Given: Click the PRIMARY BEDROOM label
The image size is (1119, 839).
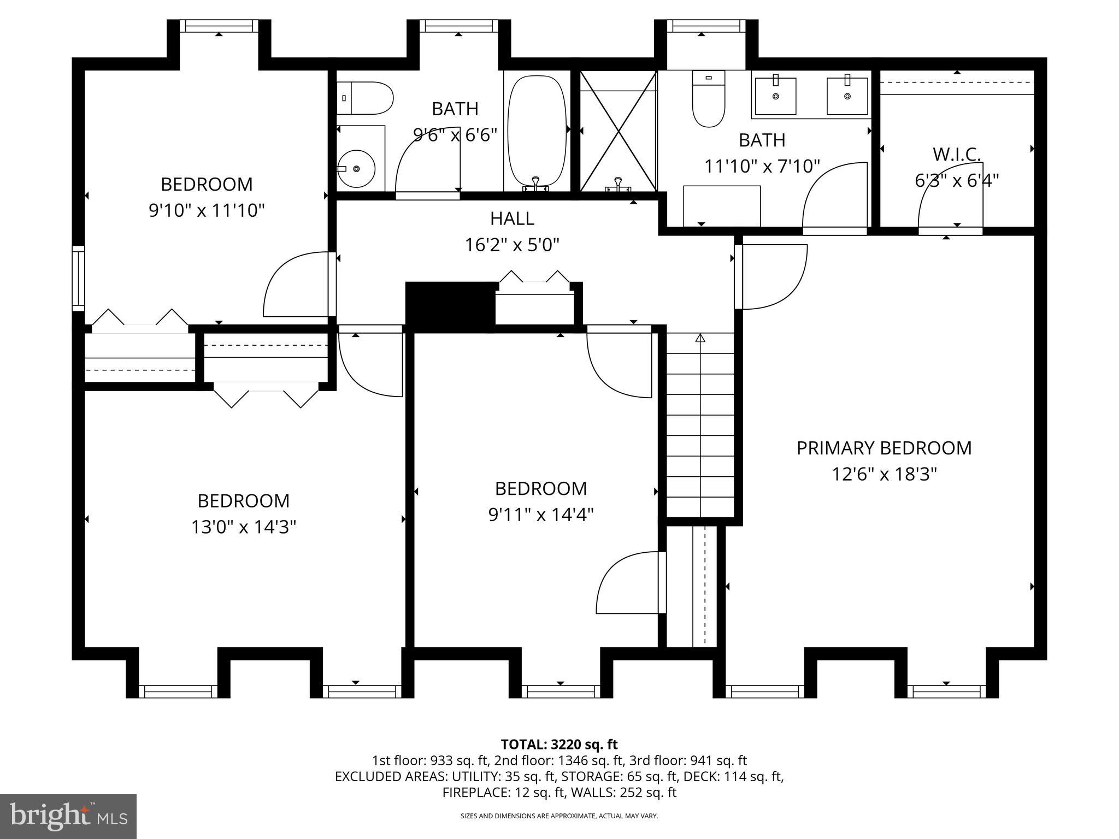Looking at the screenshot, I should (x=884, y=448).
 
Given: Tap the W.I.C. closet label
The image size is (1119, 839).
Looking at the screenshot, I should (x=956, y=155).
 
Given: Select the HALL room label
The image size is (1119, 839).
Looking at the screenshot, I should (x=511, y=218).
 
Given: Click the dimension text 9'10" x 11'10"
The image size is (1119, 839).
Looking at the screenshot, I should (x=207, y=210).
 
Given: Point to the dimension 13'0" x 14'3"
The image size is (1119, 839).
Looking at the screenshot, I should (x=243, y=527).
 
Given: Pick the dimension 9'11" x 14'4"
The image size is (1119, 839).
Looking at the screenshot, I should (x=540, y=515).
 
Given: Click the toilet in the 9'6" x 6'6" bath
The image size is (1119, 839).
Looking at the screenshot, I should (x=364, y=98).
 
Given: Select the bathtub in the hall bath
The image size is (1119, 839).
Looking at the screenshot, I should (x=537, y=131).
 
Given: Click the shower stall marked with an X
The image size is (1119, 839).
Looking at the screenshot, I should (x=618, y=131).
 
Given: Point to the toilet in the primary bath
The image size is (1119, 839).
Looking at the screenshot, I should (x=708, y=99).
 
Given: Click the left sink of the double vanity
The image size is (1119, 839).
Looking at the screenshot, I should (x=775, y=96).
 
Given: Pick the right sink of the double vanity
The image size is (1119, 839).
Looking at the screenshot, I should (x=847, y=96).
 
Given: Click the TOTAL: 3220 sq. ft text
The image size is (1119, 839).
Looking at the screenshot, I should (x=559, y=745).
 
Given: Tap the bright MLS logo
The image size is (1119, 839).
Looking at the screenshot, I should (x=68, y=817).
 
